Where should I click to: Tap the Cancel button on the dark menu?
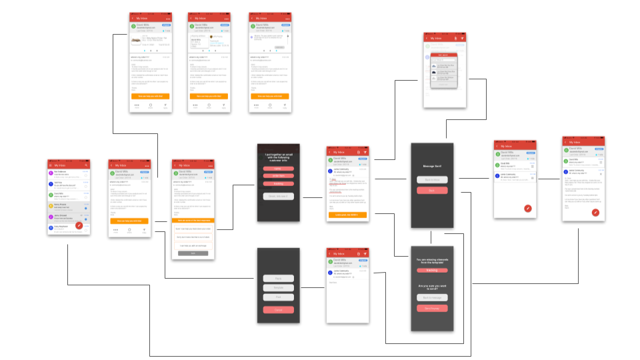click(x=278, y=310)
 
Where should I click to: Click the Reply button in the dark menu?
click(x=278, y=278)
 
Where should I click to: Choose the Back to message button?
click(x=431, y=298)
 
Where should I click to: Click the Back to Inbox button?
click(x=431, y=180)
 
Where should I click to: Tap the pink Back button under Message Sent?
click(x=431, y=191)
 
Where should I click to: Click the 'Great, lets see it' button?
click(x=278, y=196)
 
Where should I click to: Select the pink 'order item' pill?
click(x=278, y=176)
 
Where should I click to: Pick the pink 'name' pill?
click(x=278, y=169)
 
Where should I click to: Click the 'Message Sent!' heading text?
click(x=431, y=166)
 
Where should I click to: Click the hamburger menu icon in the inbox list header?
click(x=52, y=165)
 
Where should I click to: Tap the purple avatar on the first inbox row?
click(x=51, y=173)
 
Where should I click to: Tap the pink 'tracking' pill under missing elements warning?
click(x=431, y=270)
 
